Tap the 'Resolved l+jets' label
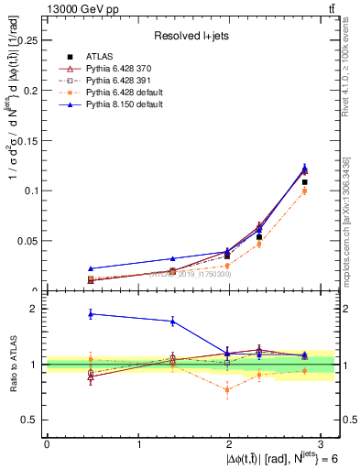(190, 36)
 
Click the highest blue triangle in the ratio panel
(91, 314)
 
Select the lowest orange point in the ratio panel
(227, 389)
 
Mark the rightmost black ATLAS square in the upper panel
(305, 182)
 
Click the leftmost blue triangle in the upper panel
(91, 268)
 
